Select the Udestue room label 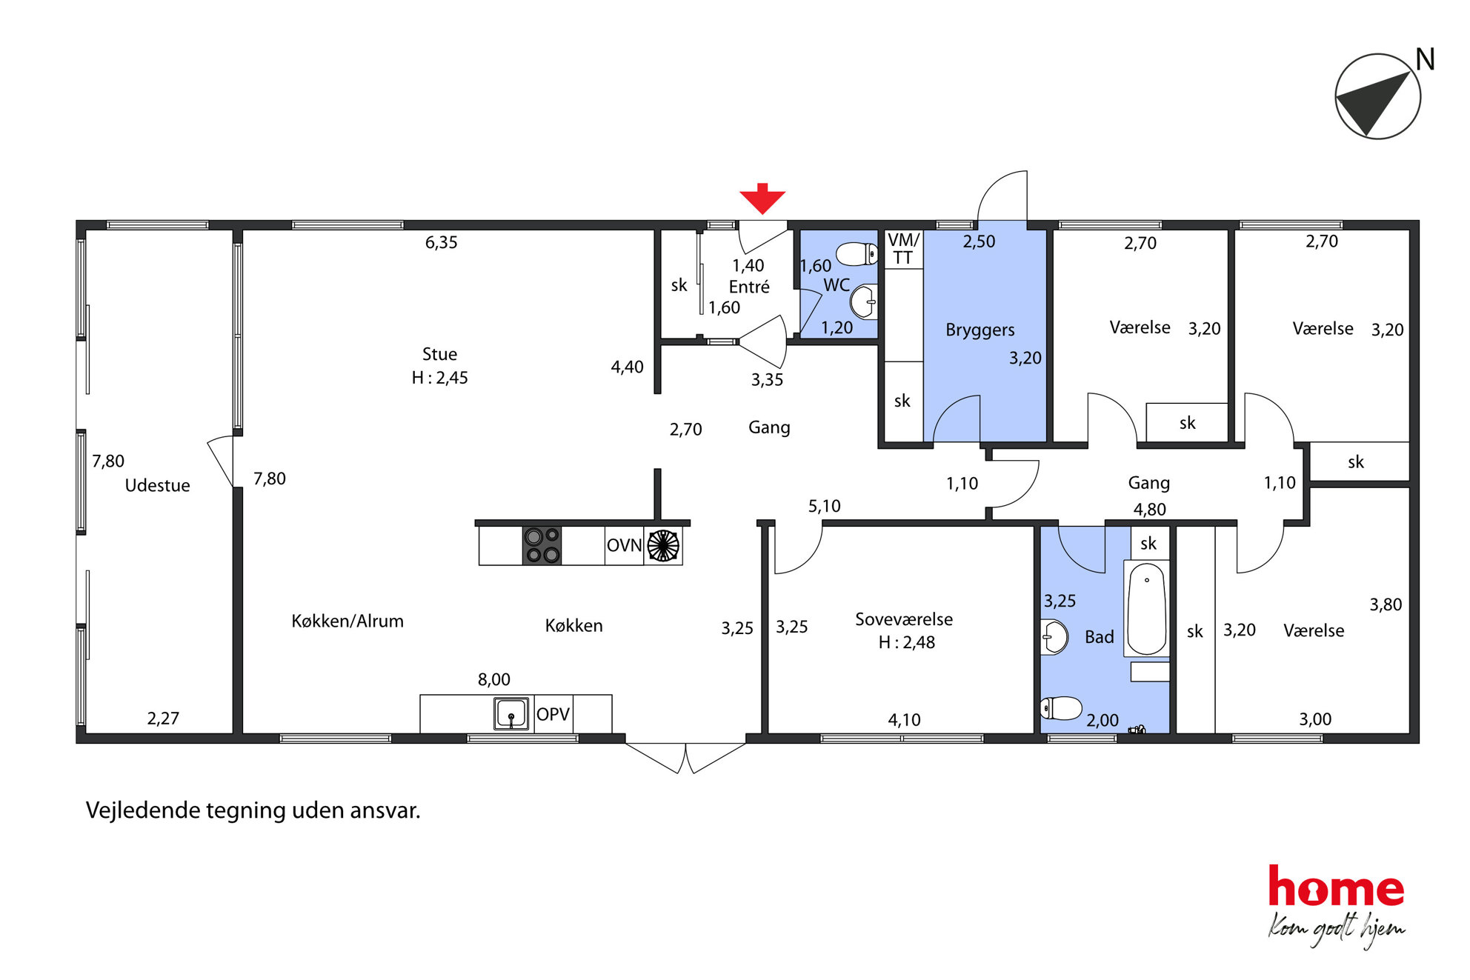pos(157,485)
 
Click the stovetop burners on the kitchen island pos(542,545)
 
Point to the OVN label pos(624,545)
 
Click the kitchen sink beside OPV pos(511,714)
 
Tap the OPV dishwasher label pos(553,714)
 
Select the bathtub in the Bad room pos(1147,609)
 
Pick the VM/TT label pos(903,249)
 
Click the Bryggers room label pos(980,330)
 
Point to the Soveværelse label pos(904,619)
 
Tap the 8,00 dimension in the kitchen pos(493,679)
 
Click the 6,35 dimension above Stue pos(441,242)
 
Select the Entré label pos(749,287)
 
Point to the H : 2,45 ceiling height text pos(439,378)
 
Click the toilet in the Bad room pos(1061,708)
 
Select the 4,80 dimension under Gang pos(1149,510)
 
